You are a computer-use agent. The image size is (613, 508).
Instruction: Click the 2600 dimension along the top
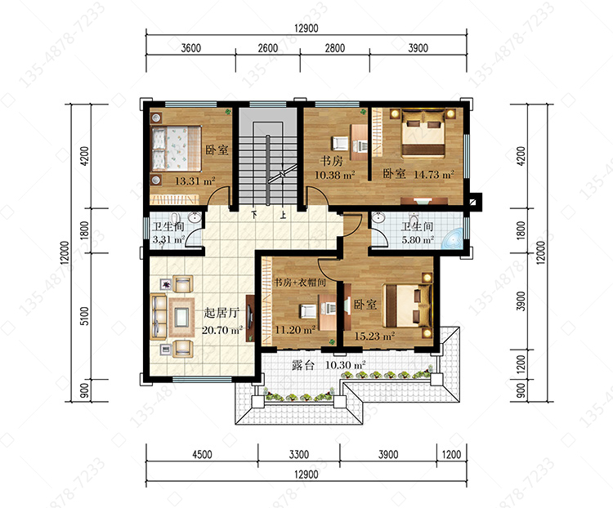(268, 48)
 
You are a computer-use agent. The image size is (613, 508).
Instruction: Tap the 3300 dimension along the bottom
(299, 454)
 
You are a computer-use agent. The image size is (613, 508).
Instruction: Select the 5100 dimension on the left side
(84, 316)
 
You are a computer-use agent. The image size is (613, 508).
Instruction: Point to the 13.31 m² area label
(195, 181)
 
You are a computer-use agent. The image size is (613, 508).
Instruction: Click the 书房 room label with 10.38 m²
(332, 161)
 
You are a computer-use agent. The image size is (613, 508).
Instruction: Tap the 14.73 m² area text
(434, 174)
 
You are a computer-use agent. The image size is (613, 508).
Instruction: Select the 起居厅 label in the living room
(221, 313)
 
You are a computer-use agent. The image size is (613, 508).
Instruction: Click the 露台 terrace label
(303, 365)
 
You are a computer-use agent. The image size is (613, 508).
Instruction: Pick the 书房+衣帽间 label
(300, 282)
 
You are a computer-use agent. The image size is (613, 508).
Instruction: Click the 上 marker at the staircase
(283, 215)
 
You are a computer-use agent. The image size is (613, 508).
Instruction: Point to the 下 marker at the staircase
(254, 215)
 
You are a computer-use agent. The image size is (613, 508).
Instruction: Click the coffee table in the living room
(181, 317)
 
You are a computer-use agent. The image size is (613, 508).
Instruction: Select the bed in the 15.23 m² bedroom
(407, 306)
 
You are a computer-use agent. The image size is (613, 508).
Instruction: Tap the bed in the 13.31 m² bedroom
(176, 149)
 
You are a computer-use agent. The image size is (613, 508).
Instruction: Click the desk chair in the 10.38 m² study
(339, 144)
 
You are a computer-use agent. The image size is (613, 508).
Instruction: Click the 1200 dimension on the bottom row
(451, 454)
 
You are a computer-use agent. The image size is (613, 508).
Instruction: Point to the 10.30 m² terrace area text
(346, 365)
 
